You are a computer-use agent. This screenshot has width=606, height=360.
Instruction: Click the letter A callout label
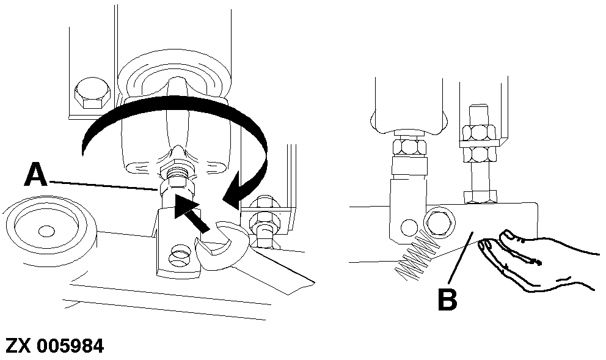click(36, 174)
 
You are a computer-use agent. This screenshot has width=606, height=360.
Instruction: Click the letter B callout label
click(448, 299)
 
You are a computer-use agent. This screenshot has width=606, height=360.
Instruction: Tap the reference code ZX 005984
click(54, 345)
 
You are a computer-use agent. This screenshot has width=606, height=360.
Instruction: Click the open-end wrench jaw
click(221, 248)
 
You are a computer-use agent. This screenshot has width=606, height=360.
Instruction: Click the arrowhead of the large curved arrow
click(236, 191)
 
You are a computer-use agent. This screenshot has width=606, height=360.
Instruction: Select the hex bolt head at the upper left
click(92, 94)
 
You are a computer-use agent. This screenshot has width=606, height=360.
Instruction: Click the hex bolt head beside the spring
click(439, 222)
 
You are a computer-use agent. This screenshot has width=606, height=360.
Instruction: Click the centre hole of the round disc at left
click(46, 231)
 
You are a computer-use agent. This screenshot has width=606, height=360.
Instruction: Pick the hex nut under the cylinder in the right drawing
click(409, 147)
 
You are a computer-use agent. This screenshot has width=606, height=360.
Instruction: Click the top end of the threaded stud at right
click(478, 105)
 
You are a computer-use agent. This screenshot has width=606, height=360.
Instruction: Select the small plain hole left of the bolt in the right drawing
click(409, 228)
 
